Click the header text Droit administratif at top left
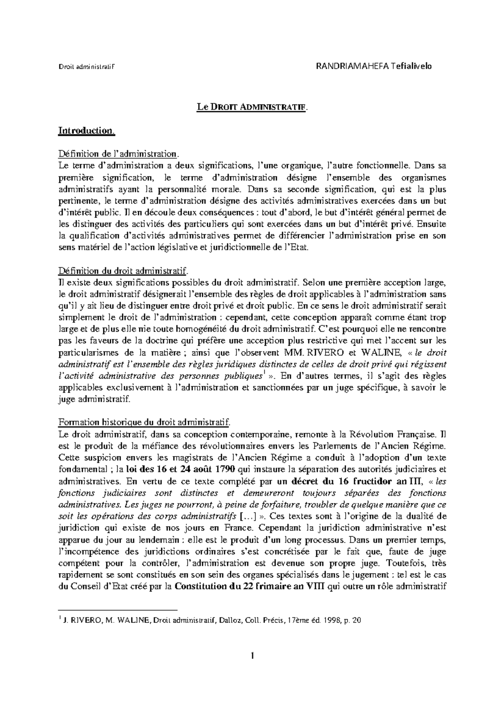(86, 67)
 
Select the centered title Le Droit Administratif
(252, 107)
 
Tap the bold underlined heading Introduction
(86, 131)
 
